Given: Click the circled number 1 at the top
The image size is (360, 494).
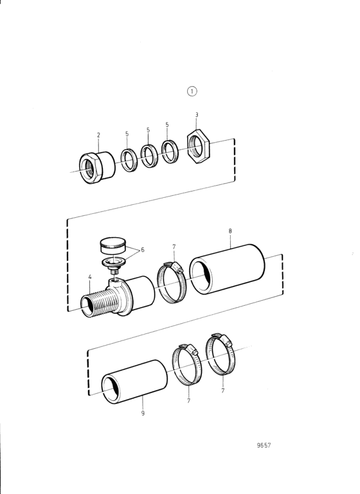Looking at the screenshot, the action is [x=192, y=91].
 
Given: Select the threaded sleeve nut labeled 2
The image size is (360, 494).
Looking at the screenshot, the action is [x=97, y=168].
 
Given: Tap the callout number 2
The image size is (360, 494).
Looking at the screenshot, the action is [x=98, y=135].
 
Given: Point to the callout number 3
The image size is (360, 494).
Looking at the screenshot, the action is [x=197, y=115].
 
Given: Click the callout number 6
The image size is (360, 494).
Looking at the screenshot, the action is [x=143, y=249].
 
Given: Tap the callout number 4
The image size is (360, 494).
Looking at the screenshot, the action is [x=90, y=277].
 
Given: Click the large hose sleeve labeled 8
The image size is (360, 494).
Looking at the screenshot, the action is [x=227, y=270].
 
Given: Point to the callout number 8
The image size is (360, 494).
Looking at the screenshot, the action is [x=230, y=231].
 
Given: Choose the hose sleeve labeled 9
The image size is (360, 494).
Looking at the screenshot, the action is [x=134, y=382].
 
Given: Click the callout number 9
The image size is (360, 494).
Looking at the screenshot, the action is [x=143, y=413].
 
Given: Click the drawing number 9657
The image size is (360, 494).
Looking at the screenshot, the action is [x=264, y=445].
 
